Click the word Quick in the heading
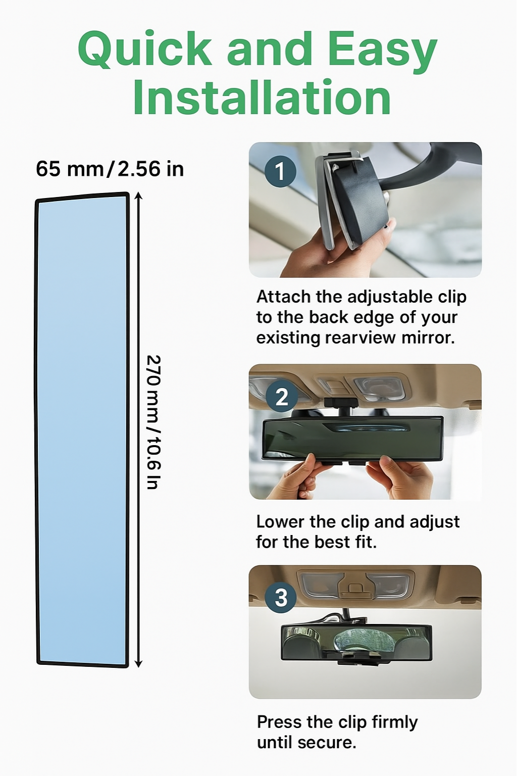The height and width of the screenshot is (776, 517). pyautogui.click(x=144, y=49)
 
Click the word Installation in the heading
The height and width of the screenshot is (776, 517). pyautogui.click(x=262, y=98)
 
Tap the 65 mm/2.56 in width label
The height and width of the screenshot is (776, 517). pyautogui.click(x=110, y=169)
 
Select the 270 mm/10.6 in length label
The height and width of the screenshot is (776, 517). pyautogui.click(x=153, y=422)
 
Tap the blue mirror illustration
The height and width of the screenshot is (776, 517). pyautogui.click(x=82, y=429)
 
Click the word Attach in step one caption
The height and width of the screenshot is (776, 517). pyautogui.click(x=283, y=297)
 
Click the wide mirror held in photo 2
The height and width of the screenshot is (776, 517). pyautogui.click(x=352, y=438)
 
